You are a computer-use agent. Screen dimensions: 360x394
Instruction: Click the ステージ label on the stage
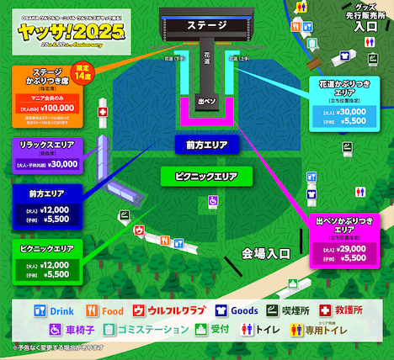[201, 25]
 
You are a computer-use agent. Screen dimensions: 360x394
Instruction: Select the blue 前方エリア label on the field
[200, 145]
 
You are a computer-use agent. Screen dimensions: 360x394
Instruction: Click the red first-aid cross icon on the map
[103, 112]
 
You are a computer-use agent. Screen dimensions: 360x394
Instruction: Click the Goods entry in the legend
[237, 310]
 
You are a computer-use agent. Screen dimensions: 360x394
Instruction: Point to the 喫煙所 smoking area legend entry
[297, 310]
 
